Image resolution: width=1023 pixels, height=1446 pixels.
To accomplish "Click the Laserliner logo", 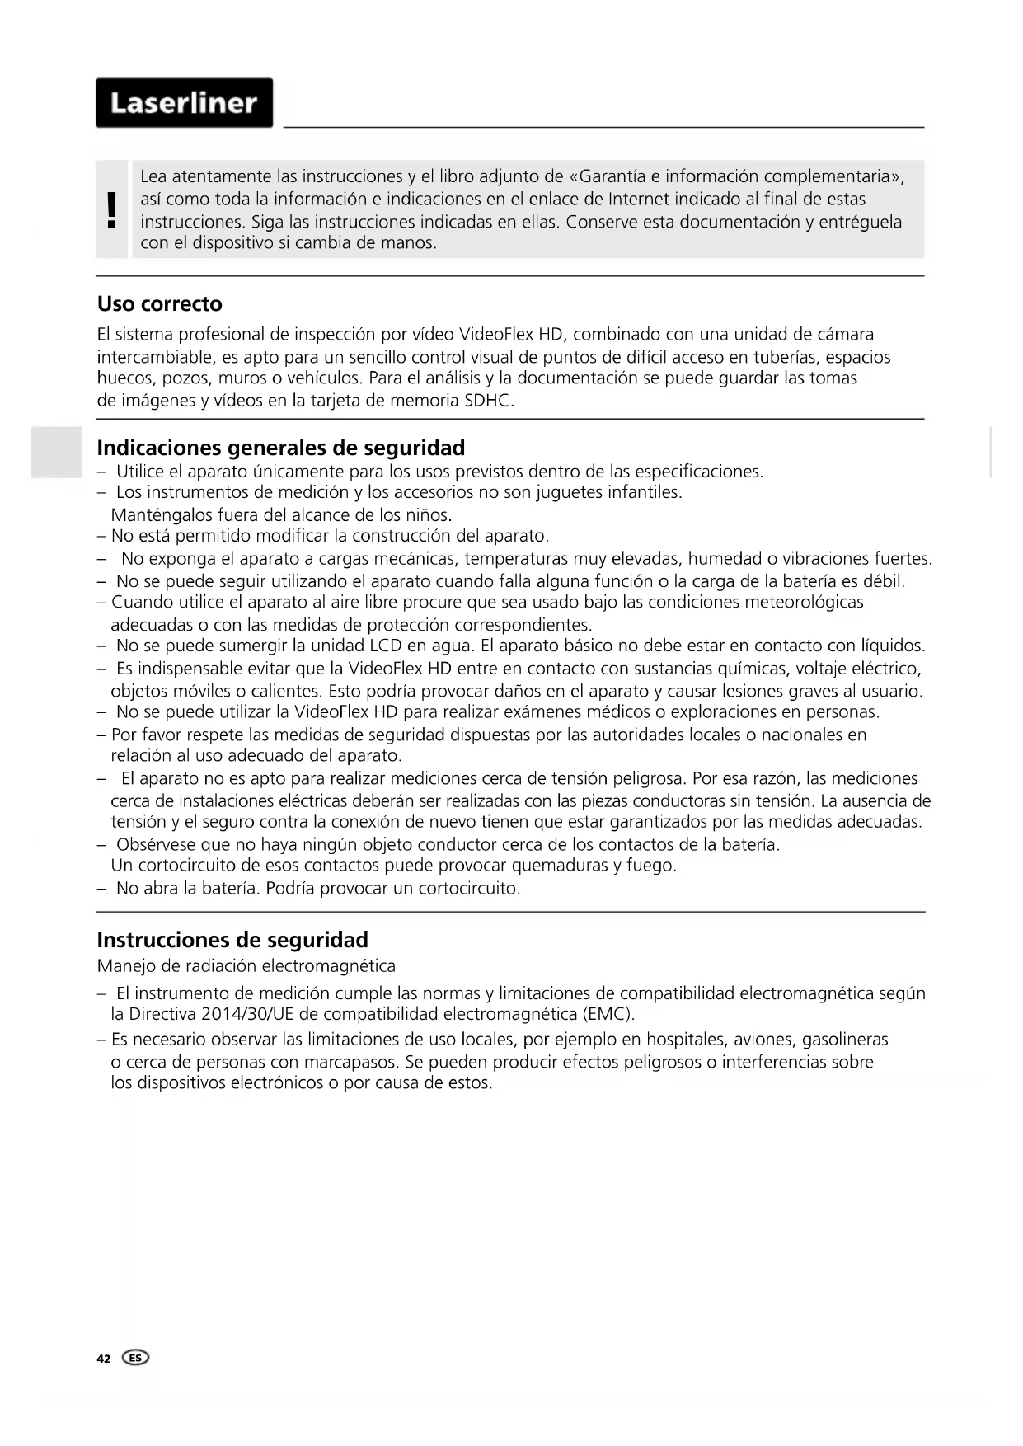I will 184,103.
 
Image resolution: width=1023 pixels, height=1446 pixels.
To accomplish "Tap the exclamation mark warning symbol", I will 111,209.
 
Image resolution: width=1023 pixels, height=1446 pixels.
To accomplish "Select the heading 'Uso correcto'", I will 160,304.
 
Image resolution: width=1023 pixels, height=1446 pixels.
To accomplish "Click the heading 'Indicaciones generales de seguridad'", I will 281,448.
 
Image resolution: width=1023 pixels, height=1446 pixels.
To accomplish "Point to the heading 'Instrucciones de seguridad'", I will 232,940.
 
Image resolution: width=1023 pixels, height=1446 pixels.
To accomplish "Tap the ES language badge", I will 135,1358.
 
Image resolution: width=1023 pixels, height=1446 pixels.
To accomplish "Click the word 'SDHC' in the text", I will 489,401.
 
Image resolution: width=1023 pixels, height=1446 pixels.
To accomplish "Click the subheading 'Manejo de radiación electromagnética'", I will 246,966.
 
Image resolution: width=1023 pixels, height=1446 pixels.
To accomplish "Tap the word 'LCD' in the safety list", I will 385,646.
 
